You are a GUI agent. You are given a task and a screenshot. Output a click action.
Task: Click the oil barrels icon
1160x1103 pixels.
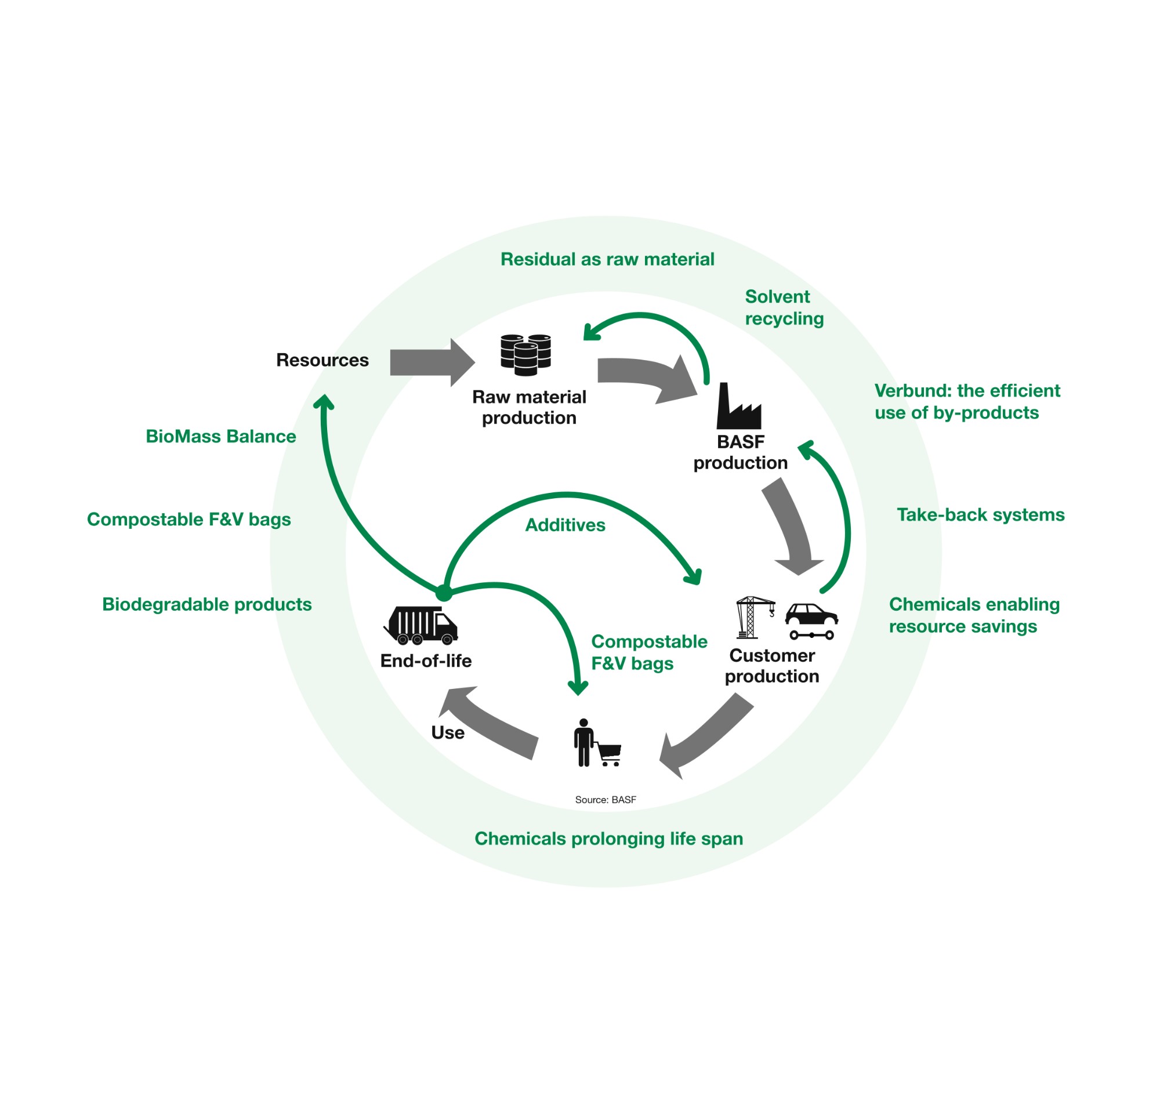coord(525,354)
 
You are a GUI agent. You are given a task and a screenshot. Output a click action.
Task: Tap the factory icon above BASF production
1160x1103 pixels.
coord(738,407)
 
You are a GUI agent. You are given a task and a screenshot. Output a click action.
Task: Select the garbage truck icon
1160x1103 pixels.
coord(421,626)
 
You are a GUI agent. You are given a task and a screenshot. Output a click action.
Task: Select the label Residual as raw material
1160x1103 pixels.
coord(607,259)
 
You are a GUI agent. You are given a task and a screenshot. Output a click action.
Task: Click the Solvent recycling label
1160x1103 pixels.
coord(784,307)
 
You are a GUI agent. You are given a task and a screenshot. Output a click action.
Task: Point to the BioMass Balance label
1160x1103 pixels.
coord(220,436)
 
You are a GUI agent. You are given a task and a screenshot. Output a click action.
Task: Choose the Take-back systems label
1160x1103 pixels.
coord(980,515)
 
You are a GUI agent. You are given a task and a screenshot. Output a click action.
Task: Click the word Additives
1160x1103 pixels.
coord(564,525)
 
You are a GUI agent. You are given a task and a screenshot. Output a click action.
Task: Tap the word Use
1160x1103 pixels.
coord(447,733)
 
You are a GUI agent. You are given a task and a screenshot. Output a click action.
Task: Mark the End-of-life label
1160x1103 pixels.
coord(426,661)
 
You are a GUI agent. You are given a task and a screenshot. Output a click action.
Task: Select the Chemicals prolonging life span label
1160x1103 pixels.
coord(608,839)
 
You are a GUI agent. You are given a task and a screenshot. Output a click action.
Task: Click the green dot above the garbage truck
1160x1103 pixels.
coord(444,593)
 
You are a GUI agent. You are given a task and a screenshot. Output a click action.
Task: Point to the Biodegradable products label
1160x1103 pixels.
coord(207,604)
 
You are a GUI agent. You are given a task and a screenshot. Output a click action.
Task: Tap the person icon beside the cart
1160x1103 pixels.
coord(583,743)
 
